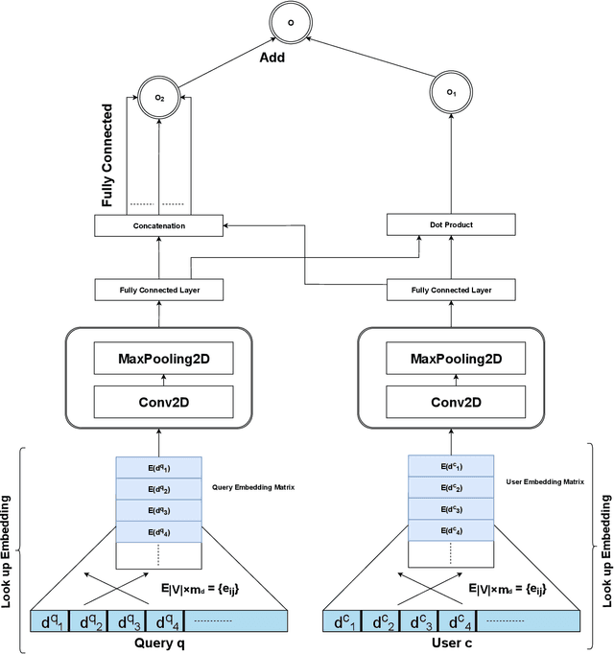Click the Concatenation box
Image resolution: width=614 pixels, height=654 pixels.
pos(158,225)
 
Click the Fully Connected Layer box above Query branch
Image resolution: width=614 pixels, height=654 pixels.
pos(158,288)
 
